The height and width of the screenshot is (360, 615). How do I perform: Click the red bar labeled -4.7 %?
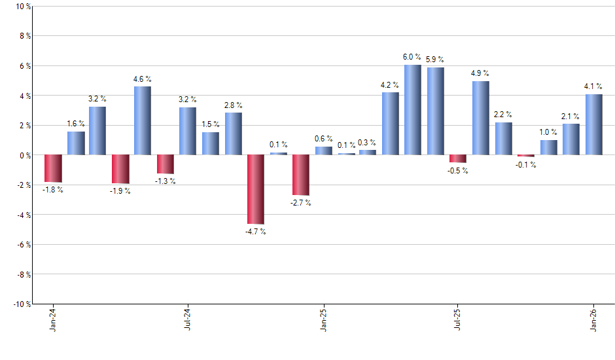coord(256,190)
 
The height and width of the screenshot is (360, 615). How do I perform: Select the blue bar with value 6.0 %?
coord(413,110)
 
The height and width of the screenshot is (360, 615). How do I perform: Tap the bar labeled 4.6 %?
coord(143,120)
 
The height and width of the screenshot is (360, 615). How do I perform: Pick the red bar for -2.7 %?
coord(300,175)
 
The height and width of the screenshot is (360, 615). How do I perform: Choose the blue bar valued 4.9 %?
coord(480,118)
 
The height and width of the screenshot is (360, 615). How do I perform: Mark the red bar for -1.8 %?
coord(53,168)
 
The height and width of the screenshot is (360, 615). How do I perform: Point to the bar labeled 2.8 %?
coord(234,134)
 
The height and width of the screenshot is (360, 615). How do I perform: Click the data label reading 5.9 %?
coord(435,60)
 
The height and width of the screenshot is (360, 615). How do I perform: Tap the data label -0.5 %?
coord(458,171)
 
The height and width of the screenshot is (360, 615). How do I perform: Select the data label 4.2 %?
coord(390,84)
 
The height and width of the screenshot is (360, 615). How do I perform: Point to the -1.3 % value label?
coord(165,181)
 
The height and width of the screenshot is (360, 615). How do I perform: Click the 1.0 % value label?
coord(548,132)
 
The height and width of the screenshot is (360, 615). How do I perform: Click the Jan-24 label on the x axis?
coord(53,319)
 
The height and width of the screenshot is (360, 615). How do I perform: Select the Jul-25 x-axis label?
coord(458,319)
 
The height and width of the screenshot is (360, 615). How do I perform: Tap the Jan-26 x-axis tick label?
coord(593,319)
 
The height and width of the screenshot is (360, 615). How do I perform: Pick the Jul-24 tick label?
coord(188,319)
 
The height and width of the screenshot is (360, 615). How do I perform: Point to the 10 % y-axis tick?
coord(22,7)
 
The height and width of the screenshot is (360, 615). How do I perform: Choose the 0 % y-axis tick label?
coord(24,155)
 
